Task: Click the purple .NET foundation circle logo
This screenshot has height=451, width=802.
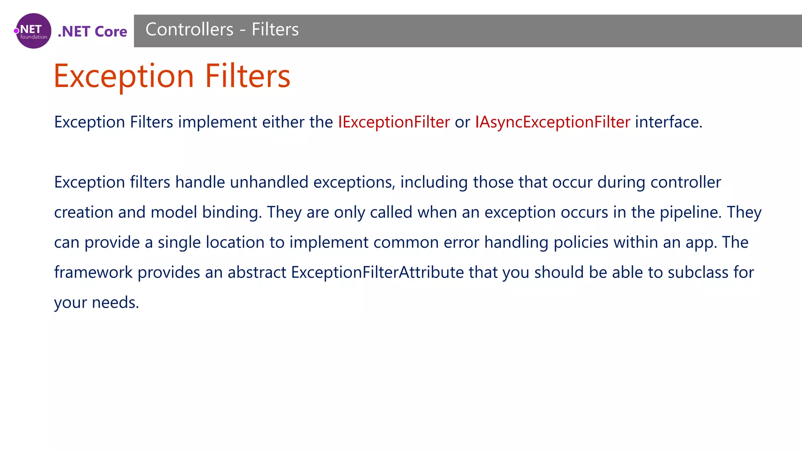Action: click(34, 31)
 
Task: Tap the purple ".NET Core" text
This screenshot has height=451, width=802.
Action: click(92, 32)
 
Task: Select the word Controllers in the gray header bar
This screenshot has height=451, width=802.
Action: click(190, 30)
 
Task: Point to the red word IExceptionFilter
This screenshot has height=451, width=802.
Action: click(394, 122)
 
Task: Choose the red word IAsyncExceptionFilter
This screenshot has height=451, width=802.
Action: click(553, 122)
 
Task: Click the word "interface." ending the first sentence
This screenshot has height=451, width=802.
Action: click(668, 122)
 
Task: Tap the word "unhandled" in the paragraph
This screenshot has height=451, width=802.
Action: click(269, 182)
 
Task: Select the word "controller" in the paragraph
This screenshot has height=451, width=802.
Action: click(685, 182)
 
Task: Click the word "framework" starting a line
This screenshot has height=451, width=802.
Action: click(93, 272)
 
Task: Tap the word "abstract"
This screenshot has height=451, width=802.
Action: click(257, 272)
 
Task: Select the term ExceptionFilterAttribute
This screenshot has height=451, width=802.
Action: click(378, 272)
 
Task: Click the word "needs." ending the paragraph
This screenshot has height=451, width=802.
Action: click(116, 303)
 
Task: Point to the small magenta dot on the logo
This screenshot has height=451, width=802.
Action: click(16, 31)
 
